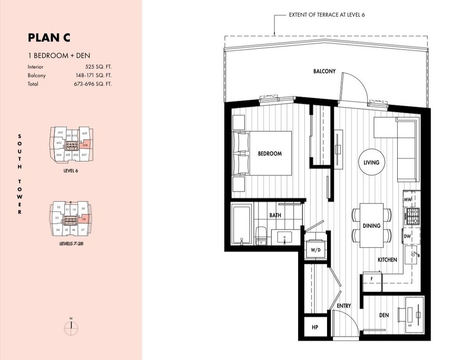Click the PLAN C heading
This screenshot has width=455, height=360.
point(49,38)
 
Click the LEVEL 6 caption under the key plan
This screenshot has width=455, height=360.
point(71,170)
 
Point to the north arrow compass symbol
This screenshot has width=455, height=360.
point(71,328)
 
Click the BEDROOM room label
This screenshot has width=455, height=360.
point(270,154)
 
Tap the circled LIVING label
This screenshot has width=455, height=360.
point(371,162)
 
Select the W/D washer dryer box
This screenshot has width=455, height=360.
point(316,250)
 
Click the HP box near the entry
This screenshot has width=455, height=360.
point(315,328)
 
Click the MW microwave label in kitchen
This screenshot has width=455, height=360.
point(407,200)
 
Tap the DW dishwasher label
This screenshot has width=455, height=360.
point(407,236)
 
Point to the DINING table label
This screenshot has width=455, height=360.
point(371,226)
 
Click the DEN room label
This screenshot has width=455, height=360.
point(384,315)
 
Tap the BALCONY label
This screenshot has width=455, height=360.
point(324,71)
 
